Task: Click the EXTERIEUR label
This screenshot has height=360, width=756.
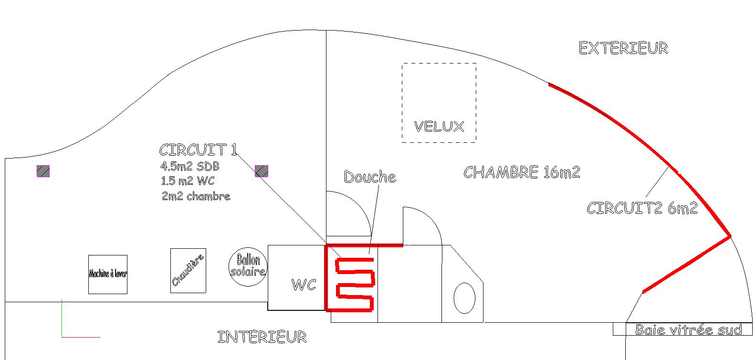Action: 623,48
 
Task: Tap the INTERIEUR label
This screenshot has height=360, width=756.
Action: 262,337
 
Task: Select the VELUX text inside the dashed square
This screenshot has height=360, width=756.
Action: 439,127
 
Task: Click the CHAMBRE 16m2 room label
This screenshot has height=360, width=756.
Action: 522,172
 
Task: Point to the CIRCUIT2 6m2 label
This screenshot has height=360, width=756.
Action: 642,208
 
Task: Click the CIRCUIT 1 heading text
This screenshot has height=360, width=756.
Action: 198,150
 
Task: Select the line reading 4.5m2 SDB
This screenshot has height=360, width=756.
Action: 190,167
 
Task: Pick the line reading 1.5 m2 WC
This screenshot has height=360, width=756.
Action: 188,181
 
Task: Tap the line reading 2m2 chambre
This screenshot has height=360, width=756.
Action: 196,196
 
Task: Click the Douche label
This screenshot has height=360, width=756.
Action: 370,177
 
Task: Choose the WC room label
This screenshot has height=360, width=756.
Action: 304,285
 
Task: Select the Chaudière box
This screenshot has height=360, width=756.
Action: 188,270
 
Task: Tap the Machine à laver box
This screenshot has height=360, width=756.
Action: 108,274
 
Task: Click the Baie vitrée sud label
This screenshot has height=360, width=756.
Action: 689,329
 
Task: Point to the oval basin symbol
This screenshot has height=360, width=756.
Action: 464,298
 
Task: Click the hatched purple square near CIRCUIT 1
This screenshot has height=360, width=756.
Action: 262,171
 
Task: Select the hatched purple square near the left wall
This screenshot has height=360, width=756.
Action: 43,171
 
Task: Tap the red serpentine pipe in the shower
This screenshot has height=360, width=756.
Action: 355,285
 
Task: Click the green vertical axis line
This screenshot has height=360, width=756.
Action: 62,318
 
